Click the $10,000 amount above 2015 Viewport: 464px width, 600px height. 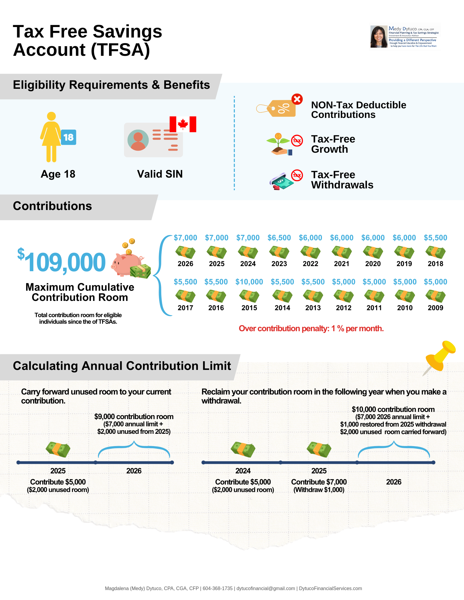tap(249, 282)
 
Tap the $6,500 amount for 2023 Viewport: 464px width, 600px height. tap(279, 238)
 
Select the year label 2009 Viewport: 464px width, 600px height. tap(435, 308)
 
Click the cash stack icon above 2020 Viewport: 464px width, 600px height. tap(373, 252)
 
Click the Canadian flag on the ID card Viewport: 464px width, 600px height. tap(183, 124)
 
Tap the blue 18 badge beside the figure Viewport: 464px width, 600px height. tap(68, 137)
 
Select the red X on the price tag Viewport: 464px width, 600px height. tap(297, 99)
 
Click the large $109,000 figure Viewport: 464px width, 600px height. tap(62, 261)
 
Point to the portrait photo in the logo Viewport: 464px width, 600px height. tap(379, 37)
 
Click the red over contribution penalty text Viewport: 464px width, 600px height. tap(311, 328)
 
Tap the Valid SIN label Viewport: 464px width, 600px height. tap(160, 174)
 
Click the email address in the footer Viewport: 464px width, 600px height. tap(266, 589)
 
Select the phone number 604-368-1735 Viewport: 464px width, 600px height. tap(218, 589)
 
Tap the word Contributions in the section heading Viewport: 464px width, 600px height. tap(53, 206)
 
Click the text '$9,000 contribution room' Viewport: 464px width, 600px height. tap(134, 417)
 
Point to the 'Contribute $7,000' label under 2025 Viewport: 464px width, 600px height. tap(319, 482)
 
